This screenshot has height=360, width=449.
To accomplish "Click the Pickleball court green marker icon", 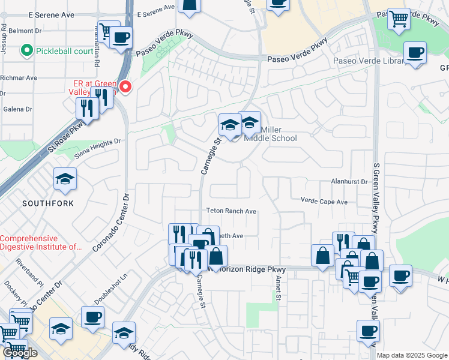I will [26, 51].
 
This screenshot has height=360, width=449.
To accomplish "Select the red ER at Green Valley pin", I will [125, 87].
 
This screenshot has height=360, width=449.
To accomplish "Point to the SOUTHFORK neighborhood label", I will [48, 203].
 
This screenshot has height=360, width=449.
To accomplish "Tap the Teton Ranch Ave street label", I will [231, 211].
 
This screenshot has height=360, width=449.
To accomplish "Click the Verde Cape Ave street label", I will [324, 202].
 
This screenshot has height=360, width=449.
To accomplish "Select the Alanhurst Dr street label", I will [348, 181].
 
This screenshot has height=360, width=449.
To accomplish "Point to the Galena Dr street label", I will [16, 109].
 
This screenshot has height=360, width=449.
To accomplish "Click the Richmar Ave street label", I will [19, 78].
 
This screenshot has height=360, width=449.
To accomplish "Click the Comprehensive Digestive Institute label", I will [41, 242].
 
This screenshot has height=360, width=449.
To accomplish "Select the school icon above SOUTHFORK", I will [65, 179].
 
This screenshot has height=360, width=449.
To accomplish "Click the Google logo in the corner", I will [20, 353].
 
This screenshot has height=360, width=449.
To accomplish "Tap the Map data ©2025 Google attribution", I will [412, 355].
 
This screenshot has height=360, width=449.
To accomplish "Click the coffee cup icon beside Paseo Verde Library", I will [415, 52].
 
